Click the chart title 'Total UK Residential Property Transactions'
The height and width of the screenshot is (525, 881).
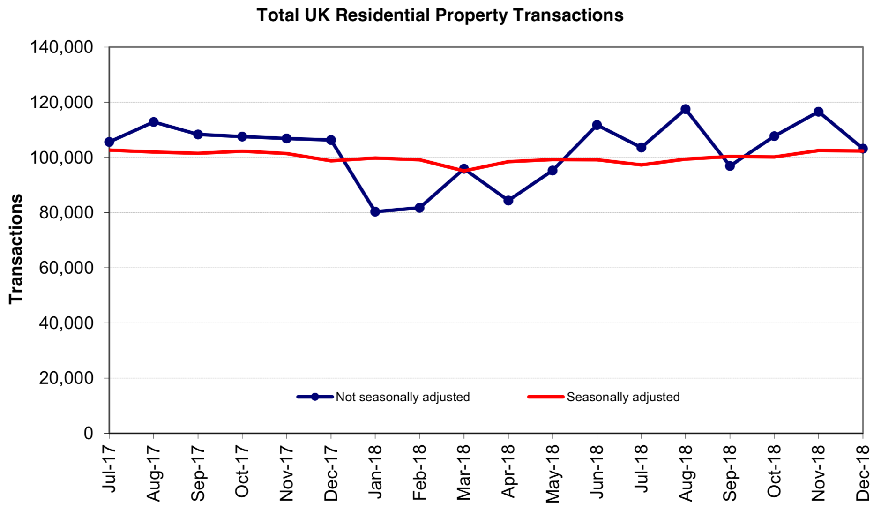coord(440,15)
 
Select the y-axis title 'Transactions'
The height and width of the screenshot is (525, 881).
coord(16,249)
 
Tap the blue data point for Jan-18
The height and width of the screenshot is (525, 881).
coord(375,211)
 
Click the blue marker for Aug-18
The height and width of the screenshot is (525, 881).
coord(685,109)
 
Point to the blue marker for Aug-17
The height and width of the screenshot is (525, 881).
coord(153,122)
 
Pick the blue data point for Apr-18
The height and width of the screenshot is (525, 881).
coord(508,200)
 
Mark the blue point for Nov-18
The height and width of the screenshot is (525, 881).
coord(818,112)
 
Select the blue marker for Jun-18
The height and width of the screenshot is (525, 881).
coord(597,125)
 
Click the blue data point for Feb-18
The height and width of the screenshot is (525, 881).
coord(419,208)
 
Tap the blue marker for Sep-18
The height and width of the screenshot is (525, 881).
coord(730,166)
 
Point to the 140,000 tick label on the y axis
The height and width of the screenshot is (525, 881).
coord(62,47)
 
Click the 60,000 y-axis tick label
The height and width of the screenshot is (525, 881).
coord(66,268)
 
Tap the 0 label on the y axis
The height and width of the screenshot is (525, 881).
coord(88,433)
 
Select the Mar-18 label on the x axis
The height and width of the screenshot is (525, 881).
coord(464,472)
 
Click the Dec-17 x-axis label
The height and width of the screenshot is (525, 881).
coord(331,473)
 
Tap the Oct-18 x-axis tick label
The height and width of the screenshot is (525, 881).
coord(774,472)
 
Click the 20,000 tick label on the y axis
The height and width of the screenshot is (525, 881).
coord(66,378)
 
